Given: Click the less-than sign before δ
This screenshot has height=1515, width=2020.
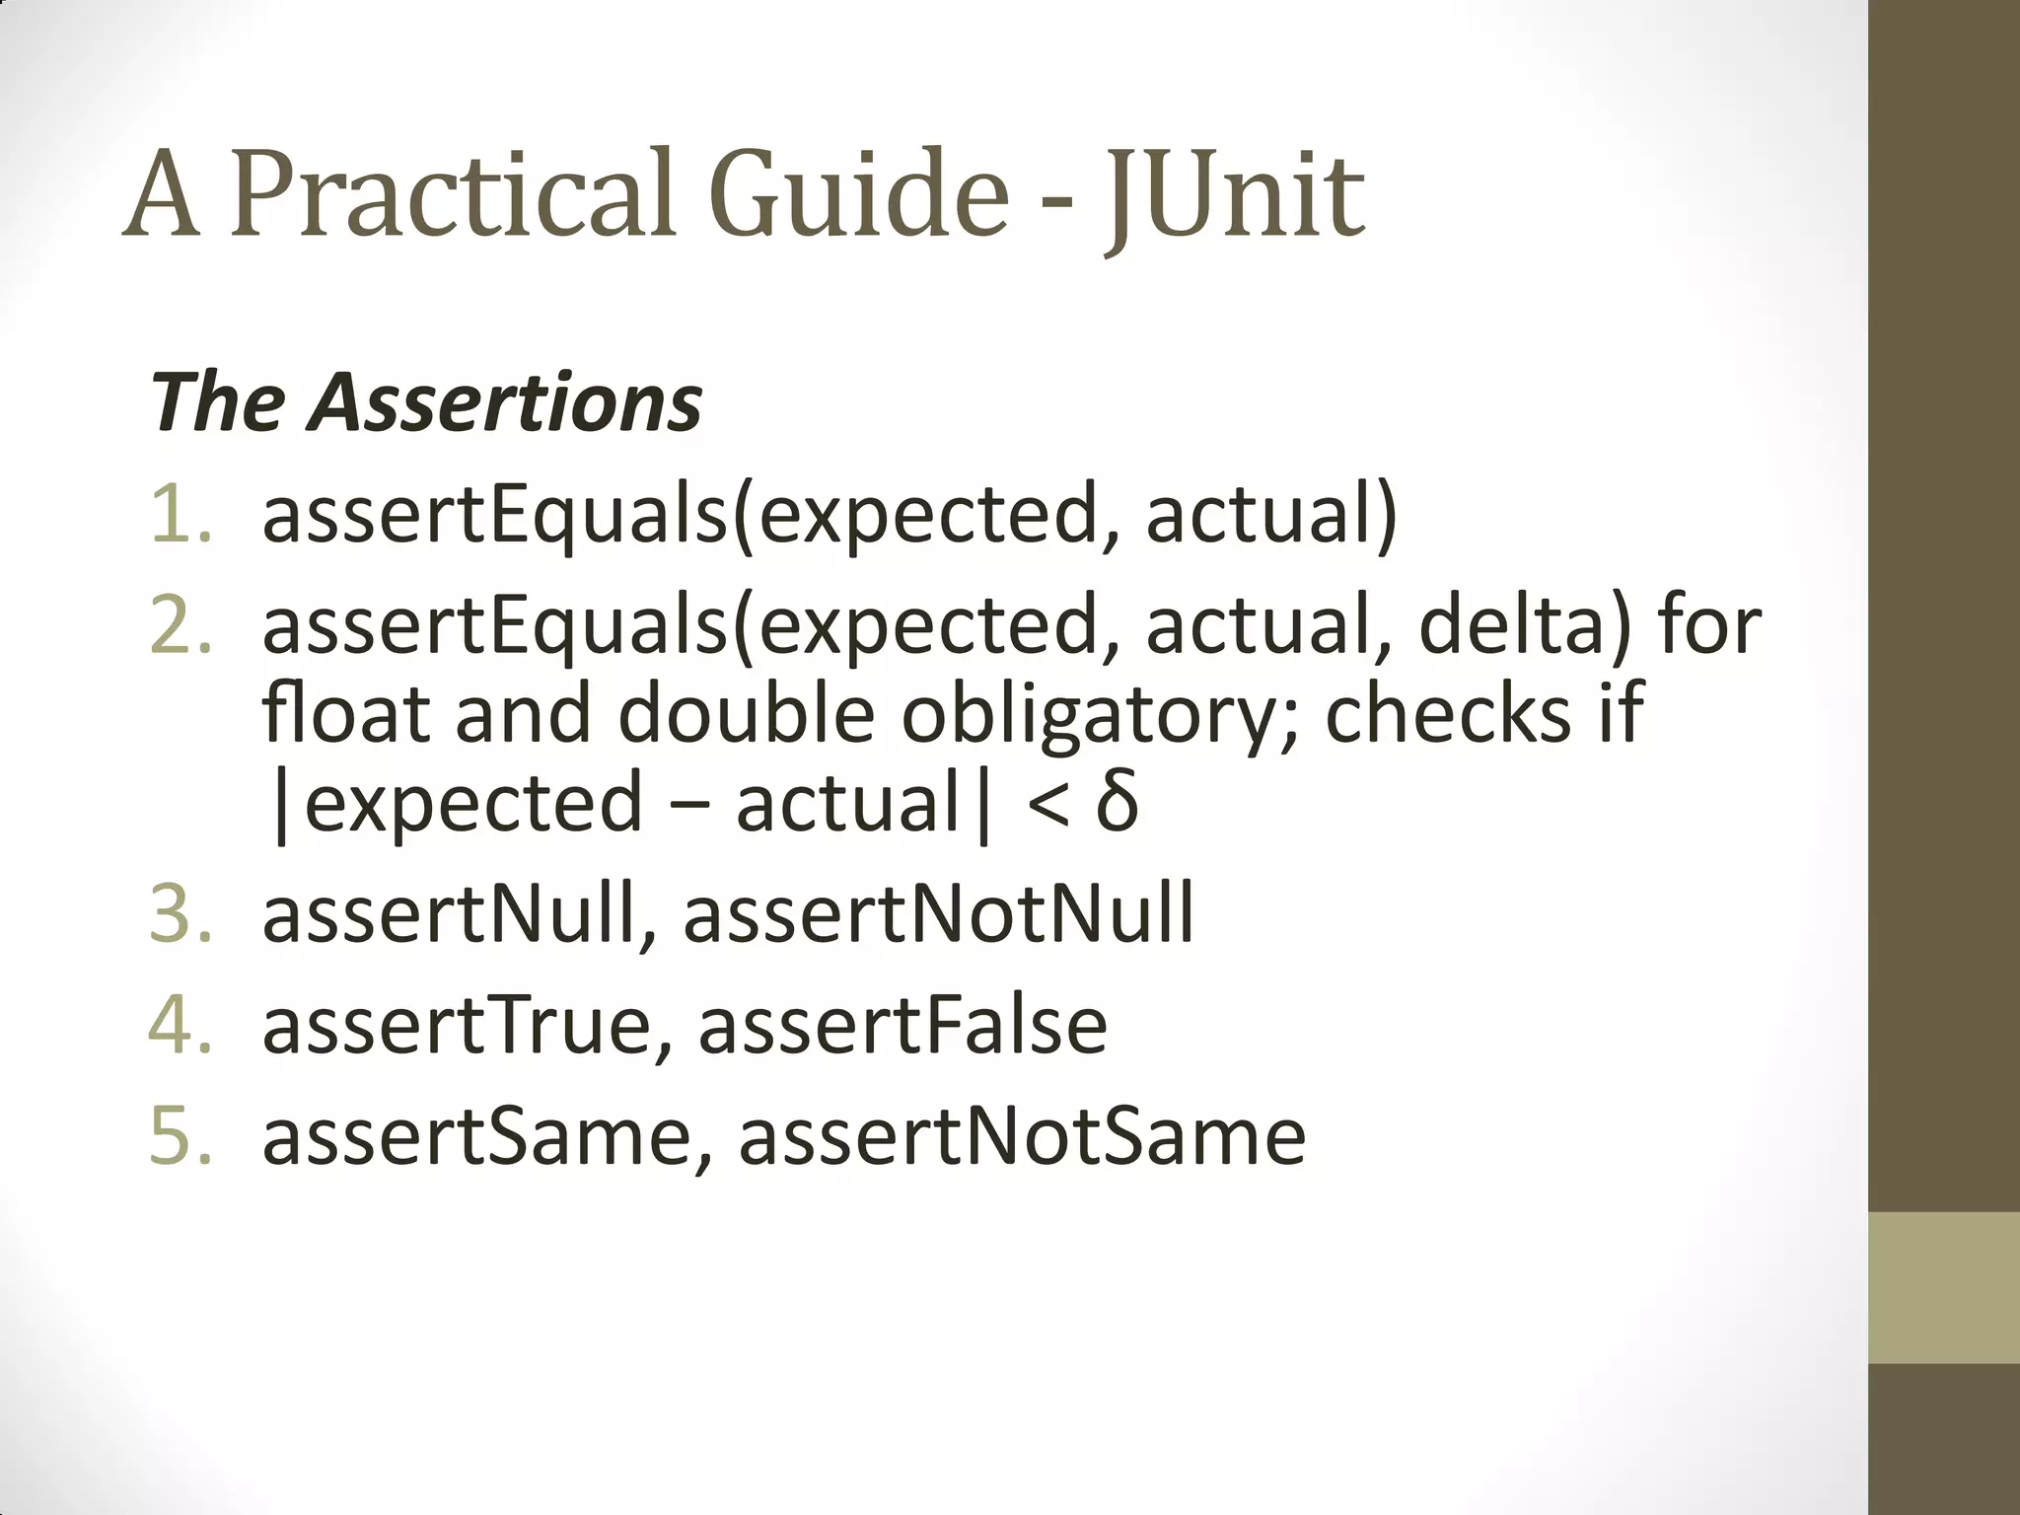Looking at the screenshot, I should [1047, 804].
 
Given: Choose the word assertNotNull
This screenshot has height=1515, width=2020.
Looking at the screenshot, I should [938, 913].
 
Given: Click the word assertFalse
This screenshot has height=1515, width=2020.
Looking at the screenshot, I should [902, 1025].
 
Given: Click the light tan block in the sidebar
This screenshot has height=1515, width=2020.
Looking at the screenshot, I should [1944, 1287].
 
